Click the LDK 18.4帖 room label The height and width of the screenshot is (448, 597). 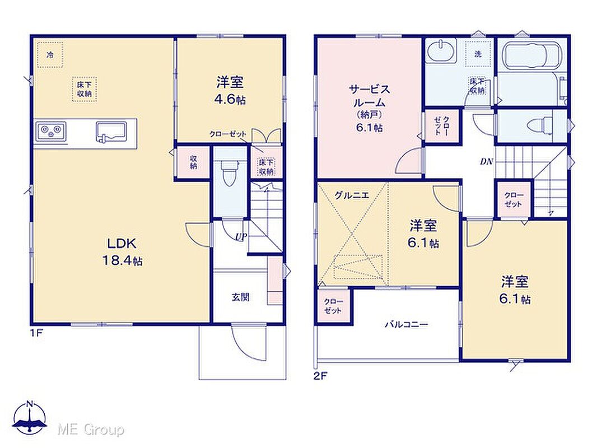pos(122,251)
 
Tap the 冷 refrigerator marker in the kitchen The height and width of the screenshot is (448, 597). pos(50,55)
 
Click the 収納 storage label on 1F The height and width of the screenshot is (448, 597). pos(193,162)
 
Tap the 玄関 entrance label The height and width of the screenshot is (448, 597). pos(241,297)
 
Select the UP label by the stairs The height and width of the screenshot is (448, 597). pos(241,237)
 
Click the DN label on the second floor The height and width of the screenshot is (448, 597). pos(486,161)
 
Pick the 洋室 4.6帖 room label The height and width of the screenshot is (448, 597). pos(230,91)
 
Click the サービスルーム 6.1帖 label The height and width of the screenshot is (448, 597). pos(369,109)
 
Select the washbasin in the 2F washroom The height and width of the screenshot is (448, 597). pos(441,52)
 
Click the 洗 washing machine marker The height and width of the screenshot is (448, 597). pos(478,54)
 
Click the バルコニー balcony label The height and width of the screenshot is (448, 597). pos(406,325)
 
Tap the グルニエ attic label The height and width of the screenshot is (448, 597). pos(352,195)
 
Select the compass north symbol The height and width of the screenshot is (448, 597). pos(30,418)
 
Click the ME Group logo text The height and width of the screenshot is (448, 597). pos(91,430)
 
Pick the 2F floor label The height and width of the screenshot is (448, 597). pos(320,376)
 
